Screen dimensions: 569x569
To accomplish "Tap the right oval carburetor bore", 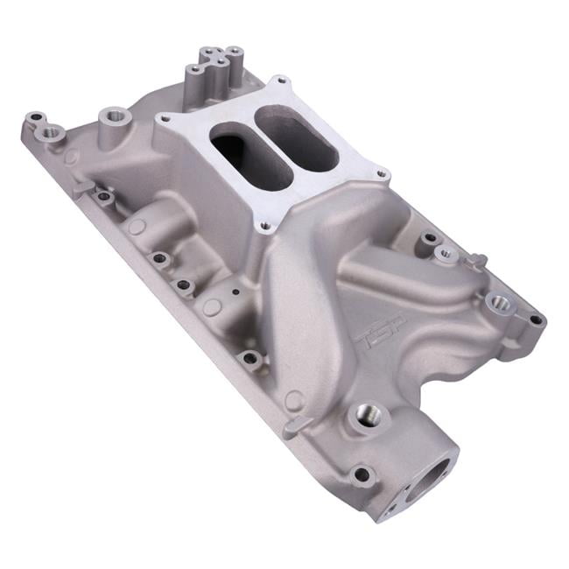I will pyautogui.click(x=299, y=140).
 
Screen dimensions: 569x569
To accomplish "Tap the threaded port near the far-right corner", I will pyautogui.click(x=497, y=303).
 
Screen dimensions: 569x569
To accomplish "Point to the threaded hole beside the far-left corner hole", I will pyautogui.click(x=50, y=132).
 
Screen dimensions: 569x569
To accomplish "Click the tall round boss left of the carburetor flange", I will pyautogui.click(x=112, y=116).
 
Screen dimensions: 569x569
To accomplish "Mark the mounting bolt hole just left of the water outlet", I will pyautogui.click(x=359, y=474).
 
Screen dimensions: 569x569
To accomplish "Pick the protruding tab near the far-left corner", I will pyautogui.click(x=82, y=186).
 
